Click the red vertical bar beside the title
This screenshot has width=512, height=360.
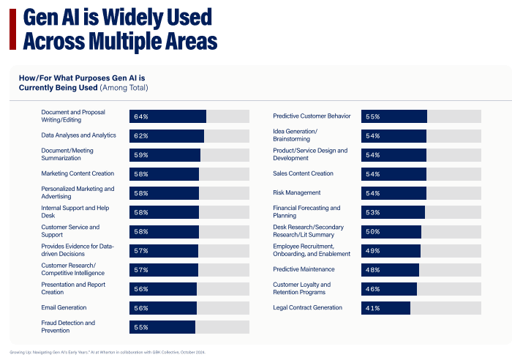[12, 29]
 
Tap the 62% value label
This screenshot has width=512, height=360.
[141, 136]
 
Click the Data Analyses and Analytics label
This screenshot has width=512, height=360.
[79, 135]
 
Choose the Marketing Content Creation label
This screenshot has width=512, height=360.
[78, 173]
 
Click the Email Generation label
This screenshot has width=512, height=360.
[65, 307]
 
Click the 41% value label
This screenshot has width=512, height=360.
[372, 308]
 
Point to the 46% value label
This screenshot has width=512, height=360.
[372, 289]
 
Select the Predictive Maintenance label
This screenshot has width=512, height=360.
[304, 269]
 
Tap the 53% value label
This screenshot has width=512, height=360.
[372, 212]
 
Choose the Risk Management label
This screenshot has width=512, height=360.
[297, 192]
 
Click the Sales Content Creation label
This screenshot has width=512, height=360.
[303, 173]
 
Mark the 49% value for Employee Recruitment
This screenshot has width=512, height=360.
[372, 250]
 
